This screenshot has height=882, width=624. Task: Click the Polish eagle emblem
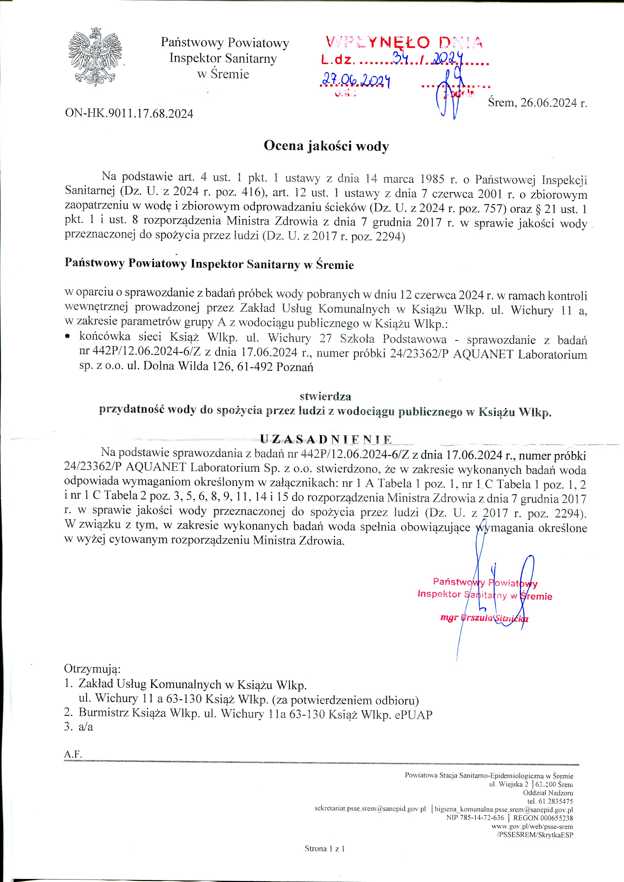click(95, 57)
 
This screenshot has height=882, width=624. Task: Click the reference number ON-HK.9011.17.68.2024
click(129, 114)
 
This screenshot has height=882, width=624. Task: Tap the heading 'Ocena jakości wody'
click(326, 146)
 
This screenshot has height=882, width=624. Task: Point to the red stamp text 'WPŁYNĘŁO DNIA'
click(403, 42)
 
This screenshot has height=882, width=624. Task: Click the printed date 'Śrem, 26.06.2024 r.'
click(537, 103)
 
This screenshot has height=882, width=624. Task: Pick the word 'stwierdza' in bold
click(325, 396)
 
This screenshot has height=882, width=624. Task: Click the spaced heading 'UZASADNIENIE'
click(326, 439)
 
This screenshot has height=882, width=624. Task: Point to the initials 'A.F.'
click(73, 754)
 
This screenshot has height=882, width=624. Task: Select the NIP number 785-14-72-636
click(475, 817)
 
